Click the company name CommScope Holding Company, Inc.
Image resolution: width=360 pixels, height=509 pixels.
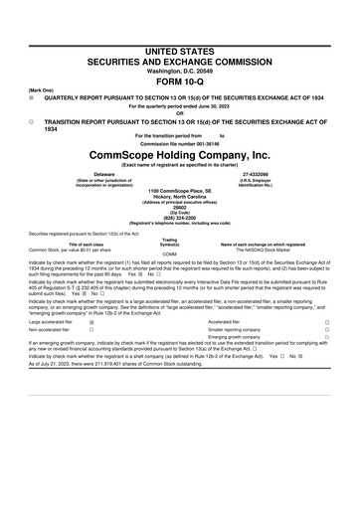click(x=180, y=156)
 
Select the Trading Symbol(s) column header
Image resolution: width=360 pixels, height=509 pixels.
click(x=169, y=241)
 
